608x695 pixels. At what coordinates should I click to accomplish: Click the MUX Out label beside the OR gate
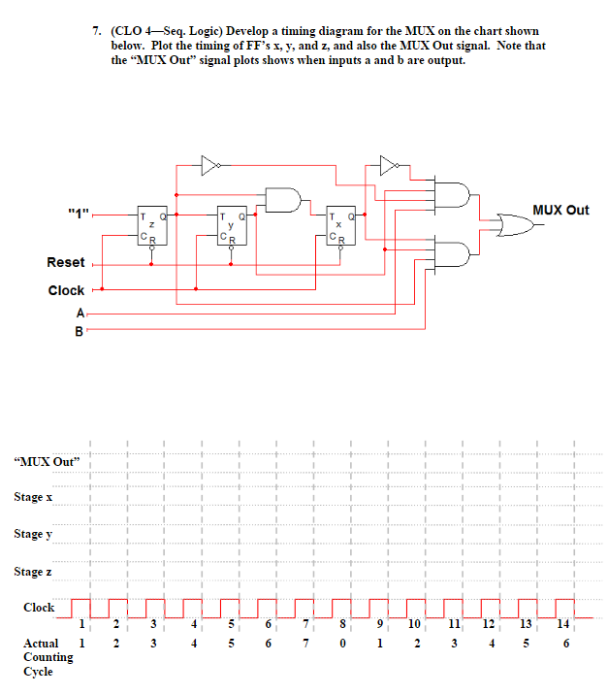tap(561, 210)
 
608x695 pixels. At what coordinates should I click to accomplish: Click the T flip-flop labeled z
tap(150, 227)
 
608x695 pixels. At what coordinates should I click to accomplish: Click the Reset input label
tap(66, 263)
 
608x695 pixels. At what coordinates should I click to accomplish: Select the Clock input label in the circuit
tap(66, 290)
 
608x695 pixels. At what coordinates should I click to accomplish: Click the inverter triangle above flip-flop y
tap(209, 166)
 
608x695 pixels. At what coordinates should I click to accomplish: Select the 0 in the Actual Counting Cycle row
tap(344, 643)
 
